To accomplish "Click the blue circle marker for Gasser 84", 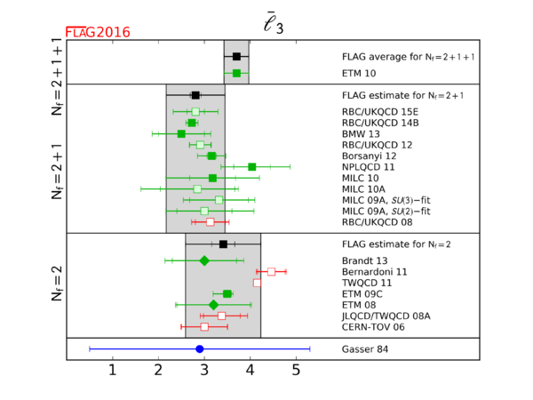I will pyautogui.click(x=200, y=349).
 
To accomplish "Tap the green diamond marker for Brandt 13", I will pyautogui.click(x=204, y=260).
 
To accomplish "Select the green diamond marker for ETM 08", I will pyautogui.click(x=213, y=305).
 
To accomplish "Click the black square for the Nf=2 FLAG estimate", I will pyautogui.click(x=223, y=244).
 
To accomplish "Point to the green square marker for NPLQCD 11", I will pyautogui.click(x=252, y=166).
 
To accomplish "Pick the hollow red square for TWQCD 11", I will pyautogui.click(x=257, y=283).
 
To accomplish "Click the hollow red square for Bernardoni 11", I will pyautogui.click(x=271, y=271).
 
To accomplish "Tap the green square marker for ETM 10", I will pyautogui.click(x=236, y=73).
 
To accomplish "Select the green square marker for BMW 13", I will pyautogui.click(x=181, y=133).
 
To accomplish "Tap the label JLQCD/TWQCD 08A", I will pyautogui.click(x=386, y=316).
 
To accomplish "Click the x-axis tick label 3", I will pyautogui.click(x=204, y=370).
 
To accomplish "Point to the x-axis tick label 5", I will pyautogui.click(x=297, y=370).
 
